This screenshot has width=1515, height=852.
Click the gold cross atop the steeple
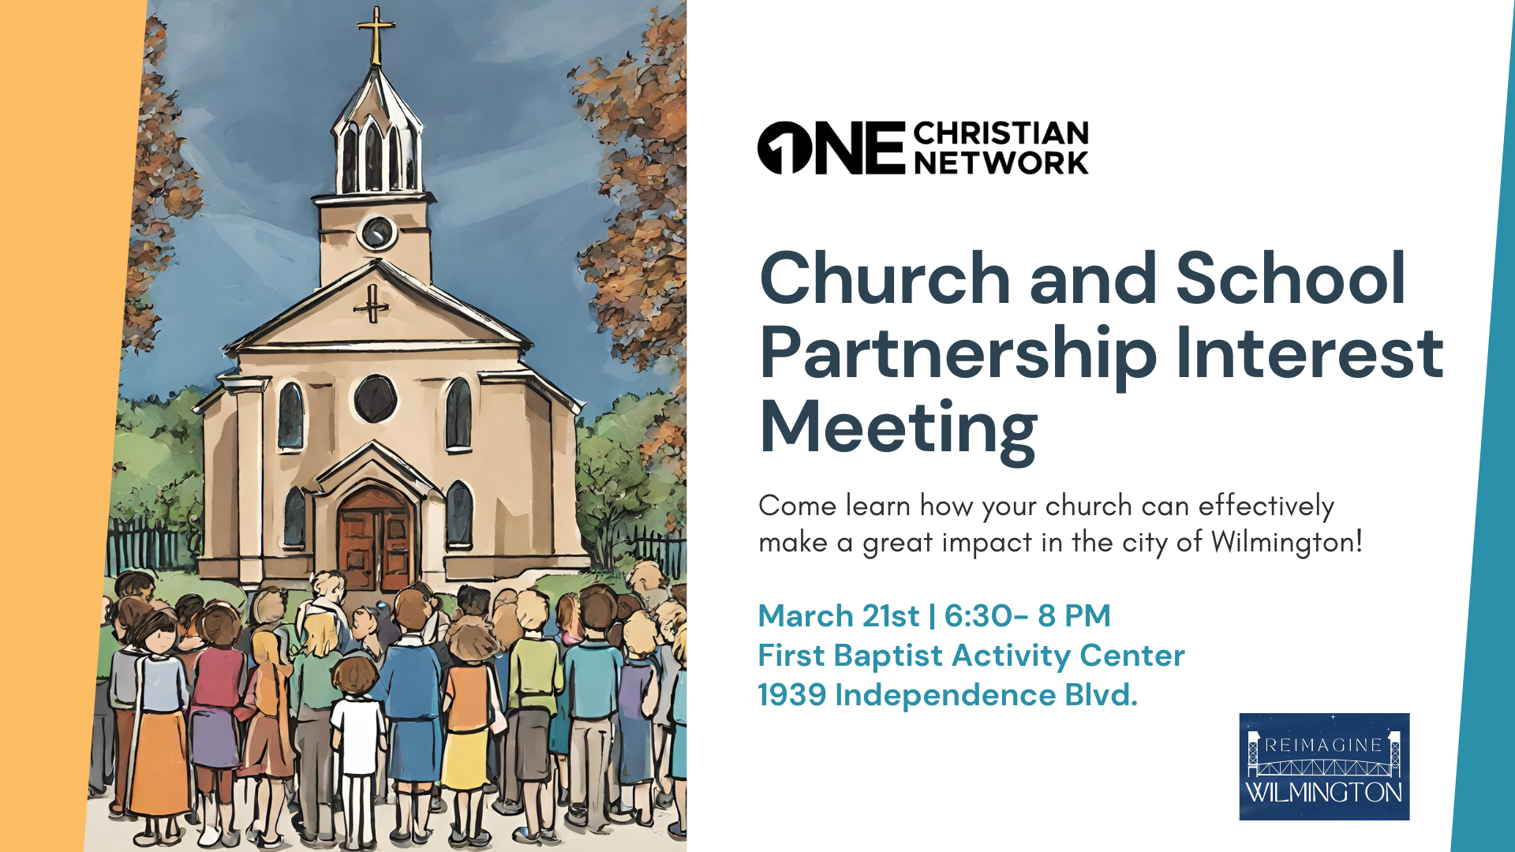point(376,35)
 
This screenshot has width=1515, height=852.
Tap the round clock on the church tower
point(377,233)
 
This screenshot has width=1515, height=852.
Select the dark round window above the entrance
point(375,398)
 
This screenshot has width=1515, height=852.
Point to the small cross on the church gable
point(372,304)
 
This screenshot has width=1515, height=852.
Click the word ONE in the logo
point(831,148)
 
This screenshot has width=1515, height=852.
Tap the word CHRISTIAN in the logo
point(1001,133)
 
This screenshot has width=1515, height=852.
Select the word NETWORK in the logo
point(1001,163)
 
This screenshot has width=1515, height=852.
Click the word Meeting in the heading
point(898,428)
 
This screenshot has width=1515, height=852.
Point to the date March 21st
point(838,616)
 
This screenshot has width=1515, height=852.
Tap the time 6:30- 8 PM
point(1027,616)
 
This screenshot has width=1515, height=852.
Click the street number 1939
point(791,695)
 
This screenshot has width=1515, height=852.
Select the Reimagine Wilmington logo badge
point(1324,767)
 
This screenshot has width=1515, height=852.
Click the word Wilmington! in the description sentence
point(1286,543)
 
